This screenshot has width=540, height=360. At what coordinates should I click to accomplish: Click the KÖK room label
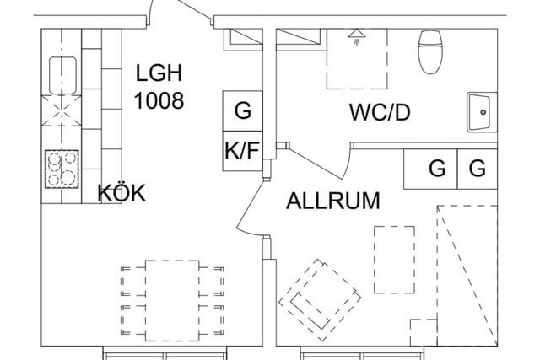coord(121,193)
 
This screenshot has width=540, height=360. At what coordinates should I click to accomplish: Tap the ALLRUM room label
coord(333,201)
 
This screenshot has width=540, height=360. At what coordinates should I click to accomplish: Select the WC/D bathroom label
coord(380,112)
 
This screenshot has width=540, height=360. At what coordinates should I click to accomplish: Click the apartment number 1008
coord(159,100)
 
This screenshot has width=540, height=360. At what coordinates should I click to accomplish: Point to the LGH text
coord(159,73)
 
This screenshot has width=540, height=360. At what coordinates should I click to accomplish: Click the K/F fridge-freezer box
coord(242,151)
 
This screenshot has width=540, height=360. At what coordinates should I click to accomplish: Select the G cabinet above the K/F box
coord(242,110)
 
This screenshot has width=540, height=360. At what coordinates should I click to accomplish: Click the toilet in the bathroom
coord(430,51)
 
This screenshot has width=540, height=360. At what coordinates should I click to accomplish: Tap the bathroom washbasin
coord(482,112)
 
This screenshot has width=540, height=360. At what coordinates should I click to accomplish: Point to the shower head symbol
coord(357,36)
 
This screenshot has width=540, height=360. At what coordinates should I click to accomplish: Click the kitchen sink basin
coord(62,75)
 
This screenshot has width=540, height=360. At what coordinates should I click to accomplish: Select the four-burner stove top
coord(62,169)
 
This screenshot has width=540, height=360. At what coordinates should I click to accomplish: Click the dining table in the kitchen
coord(172,300)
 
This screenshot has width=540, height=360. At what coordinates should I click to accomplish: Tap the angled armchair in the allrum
coord(320,300)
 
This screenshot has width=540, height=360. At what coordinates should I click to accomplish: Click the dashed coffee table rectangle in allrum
coord(394,260)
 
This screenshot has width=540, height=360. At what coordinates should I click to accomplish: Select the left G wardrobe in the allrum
coord(430,169)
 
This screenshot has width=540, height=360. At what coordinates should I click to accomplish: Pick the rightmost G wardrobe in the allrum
coord(478,169)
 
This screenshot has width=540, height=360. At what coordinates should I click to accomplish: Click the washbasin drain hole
coord(483,112)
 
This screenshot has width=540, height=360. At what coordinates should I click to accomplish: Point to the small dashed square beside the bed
coord(424,332)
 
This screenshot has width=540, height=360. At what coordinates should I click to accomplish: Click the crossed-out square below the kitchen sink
coord(62,110)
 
